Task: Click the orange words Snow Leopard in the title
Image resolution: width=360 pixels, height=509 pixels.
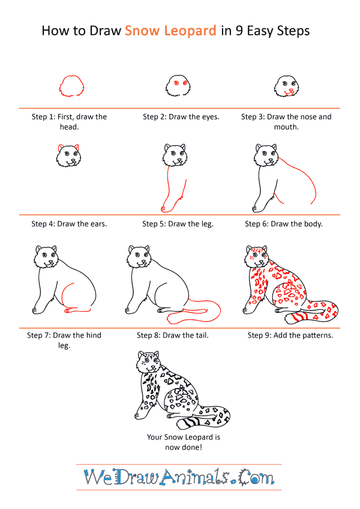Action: pos(170,31)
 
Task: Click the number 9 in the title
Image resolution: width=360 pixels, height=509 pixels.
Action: pos(239,31)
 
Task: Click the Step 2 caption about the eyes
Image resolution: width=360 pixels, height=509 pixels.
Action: pos(181,117)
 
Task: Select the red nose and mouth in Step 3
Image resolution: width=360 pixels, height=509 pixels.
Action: pos(290,92)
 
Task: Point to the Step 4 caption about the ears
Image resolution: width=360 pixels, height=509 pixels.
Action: pos(69,224)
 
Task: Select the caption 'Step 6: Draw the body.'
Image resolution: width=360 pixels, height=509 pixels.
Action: pos(284,224)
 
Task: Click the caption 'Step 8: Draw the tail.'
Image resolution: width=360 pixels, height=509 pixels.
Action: pos(173,335)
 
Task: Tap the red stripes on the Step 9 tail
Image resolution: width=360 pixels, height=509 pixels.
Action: pos(299,317)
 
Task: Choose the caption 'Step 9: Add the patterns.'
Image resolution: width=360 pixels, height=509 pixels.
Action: pos(290,335)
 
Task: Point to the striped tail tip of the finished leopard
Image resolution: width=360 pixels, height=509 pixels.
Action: pos(188,422)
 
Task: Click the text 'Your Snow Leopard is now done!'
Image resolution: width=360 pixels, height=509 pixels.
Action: pos(183,442)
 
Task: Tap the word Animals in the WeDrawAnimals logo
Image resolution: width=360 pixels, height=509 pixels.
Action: pos(195,477)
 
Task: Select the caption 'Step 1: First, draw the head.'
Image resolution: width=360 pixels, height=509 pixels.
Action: pos(69,122)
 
